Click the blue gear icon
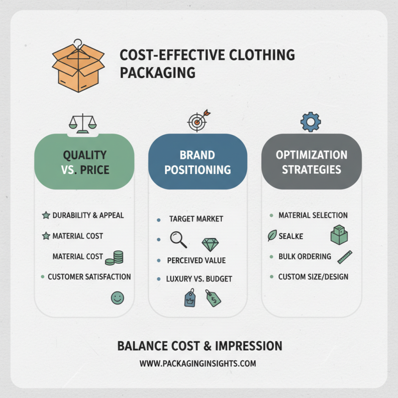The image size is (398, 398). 311,121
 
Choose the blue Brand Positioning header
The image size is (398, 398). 198,162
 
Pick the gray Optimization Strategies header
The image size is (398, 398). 311,162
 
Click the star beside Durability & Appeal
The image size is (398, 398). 46,215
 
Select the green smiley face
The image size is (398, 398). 117,298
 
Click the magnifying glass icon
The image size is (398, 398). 178,239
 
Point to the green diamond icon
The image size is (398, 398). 210,244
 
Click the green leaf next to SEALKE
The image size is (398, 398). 272,236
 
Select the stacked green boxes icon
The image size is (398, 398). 339,234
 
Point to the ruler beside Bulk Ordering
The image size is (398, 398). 345,256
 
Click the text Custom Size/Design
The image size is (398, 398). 313,277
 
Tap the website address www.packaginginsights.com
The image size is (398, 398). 198,363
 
